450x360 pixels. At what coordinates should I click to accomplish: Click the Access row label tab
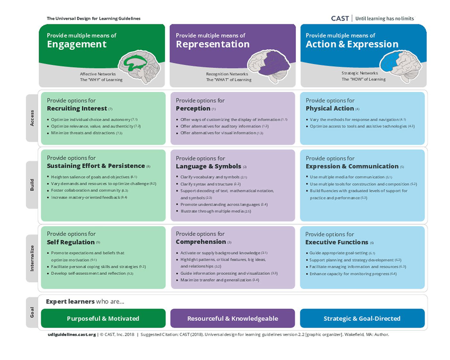point(32,118)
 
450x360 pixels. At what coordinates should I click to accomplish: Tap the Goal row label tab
point(32,312)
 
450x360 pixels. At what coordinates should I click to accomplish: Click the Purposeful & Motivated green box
point(103,319)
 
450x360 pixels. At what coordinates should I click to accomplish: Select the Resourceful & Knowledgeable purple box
point(232,319)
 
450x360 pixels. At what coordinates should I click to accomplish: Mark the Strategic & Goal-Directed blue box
point(362,319)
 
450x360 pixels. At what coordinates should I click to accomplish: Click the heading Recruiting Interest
point(77,109)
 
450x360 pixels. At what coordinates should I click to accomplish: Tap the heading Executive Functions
point(336,242)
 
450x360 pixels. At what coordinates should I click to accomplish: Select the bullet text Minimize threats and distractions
point(84,133)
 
